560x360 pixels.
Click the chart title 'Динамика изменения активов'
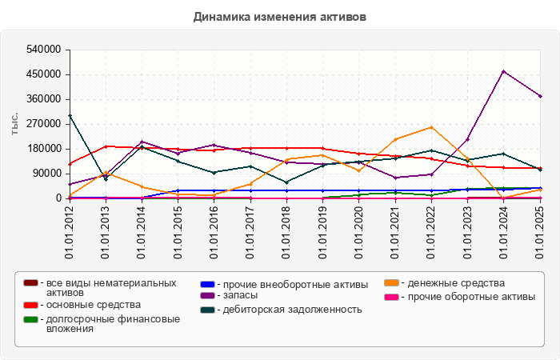click(x=280, y=16)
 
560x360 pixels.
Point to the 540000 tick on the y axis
click(x=45, y=50)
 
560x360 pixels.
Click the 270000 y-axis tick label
click(x=45, y=124)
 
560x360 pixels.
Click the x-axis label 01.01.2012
click(x=70, y=231)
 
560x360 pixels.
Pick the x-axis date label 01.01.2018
click(x=286, y=231)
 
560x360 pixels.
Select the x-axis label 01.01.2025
click(x=540, y=231)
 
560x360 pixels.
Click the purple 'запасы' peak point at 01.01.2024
click(x=504, y=71)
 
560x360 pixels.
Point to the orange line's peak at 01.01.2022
click(x=431, y=127)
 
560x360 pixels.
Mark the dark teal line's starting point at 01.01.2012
click(x=70, y=115)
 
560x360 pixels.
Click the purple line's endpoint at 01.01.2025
click(x=540, y=96)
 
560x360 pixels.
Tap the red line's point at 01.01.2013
click(x=106, y=146)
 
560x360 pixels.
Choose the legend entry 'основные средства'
click(x=93, y=305)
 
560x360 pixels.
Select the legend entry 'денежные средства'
click(x=456, y=283)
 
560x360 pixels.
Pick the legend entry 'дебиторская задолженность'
click(x=292, y=309)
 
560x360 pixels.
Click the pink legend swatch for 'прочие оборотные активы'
click(x=391, y=297)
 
